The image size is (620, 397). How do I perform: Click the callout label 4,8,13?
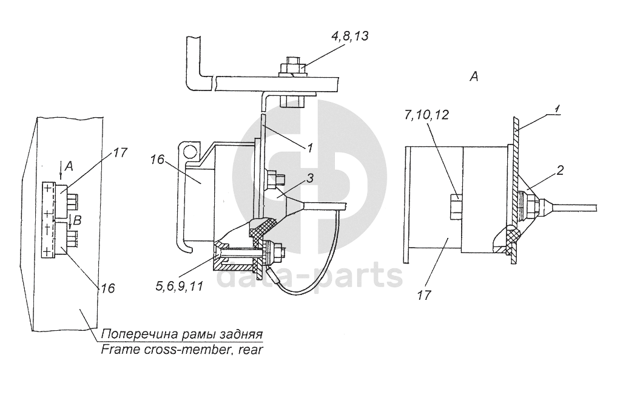point(350,36)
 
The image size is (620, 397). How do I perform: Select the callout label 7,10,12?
point(426,115)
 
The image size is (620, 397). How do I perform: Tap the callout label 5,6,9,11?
point(179,286)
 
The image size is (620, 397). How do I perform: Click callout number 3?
point(310,178)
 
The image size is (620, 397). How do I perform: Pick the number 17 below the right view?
point(423,295)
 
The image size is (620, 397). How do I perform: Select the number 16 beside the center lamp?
point(157,160)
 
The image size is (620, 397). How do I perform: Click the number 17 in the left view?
point(120,152)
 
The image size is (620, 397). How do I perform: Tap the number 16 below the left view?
point(107,288)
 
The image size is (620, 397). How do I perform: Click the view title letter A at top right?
point(474,76)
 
